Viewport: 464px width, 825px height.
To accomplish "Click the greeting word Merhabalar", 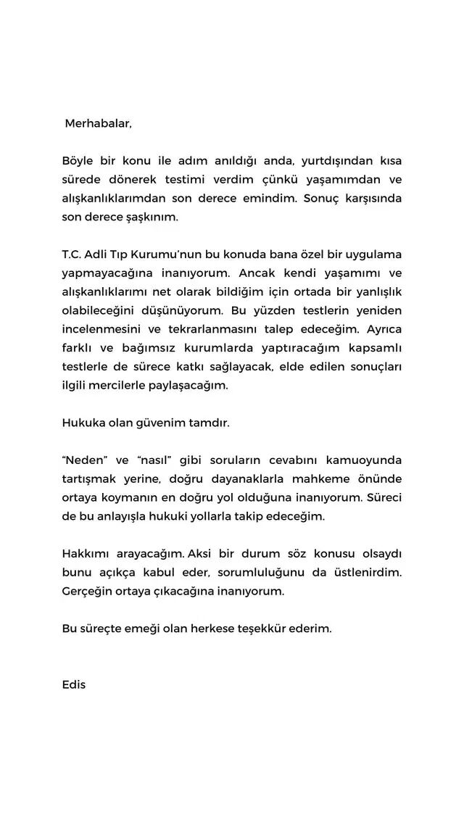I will [99, 123].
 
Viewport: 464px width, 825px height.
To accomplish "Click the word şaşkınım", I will [152, 217].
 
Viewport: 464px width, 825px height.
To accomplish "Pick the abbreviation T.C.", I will [73, 255].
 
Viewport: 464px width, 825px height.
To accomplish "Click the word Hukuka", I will [82, 423].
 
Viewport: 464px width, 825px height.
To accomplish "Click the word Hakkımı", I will [86, 555].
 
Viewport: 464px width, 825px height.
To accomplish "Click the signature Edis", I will [74, 685].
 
